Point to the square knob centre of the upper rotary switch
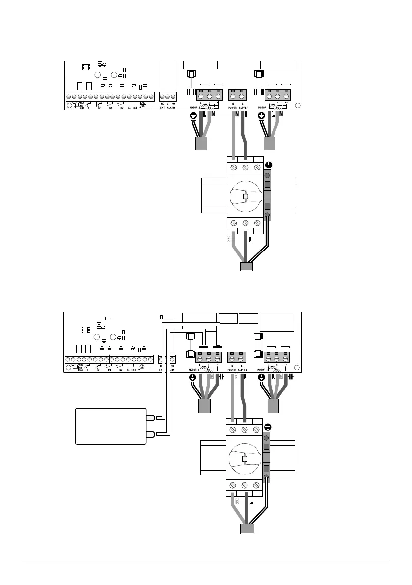246,196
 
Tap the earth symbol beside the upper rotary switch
268,165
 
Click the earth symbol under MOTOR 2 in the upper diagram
192,116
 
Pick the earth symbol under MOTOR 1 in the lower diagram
261,378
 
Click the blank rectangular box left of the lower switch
110,426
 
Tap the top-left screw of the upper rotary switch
234,167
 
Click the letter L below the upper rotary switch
250,240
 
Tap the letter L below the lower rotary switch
250,502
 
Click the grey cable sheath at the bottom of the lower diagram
247,529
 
